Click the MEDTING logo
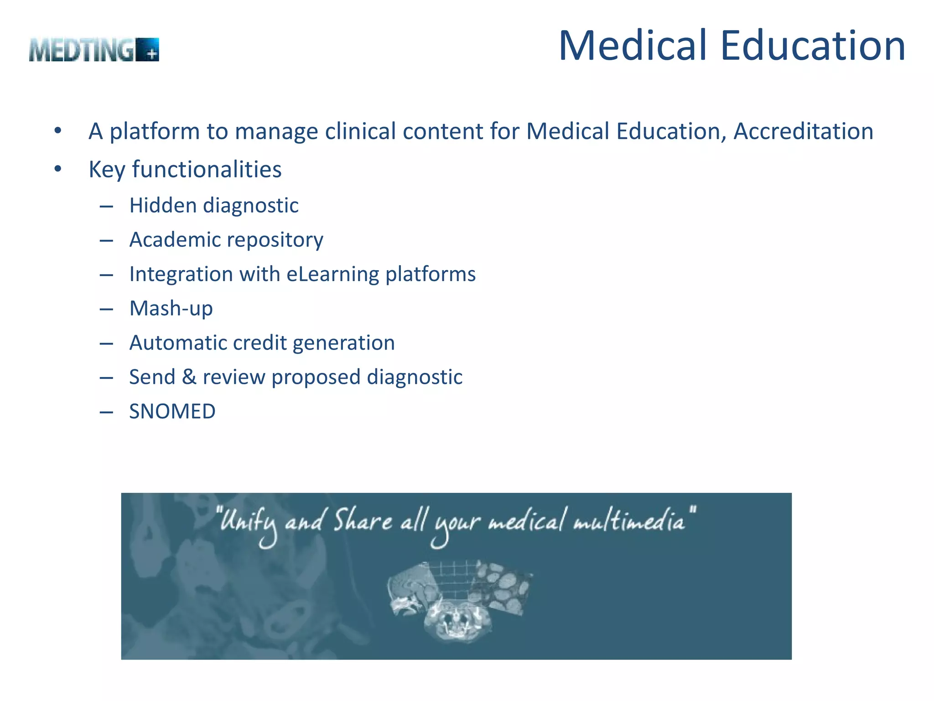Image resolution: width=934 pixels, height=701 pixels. [x=93, y=50]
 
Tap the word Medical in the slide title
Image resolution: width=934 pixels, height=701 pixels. [x=633, y=46]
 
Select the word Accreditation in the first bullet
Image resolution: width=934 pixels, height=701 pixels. [x=803, y=131]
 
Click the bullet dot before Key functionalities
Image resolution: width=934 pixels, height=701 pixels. [x=57, y=169]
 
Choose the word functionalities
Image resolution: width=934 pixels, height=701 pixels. [x=207, y=169]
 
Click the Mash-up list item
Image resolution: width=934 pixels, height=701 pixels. [x=171, y=309]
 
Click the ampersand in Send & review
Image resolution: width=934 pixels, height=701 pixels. [x=189, y=377]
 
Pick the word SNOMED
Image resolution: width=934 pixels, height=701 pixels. [x=172, y=412]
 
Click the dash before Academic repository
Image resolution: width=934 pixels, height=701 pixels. [x=106, y=241]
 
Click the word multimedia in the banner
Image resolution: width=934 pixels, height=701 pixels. [x=630, y=521]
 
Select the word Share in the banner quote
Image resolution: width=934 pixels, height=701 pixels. [x=363, y=521]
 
